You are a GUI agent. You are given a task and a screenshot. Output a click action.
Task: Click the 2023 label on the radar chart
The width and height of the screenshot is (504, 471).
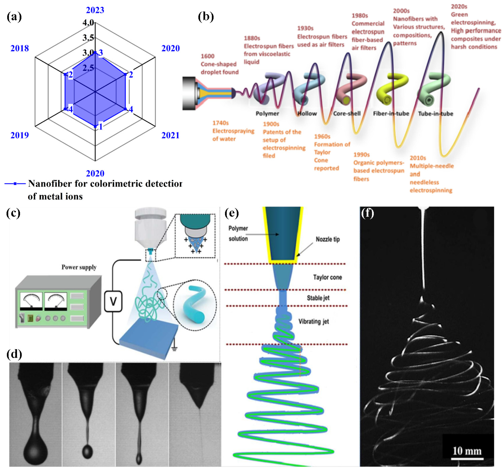[x=95, y=10]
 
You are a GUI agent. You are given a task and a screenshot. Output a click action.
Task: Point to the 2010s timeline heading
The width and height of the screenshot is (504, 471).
[x=418, y=158]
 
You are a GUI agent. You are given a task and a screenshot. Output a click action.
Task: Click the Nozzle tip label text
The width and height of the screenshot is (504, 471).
[x=328, y=239]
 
